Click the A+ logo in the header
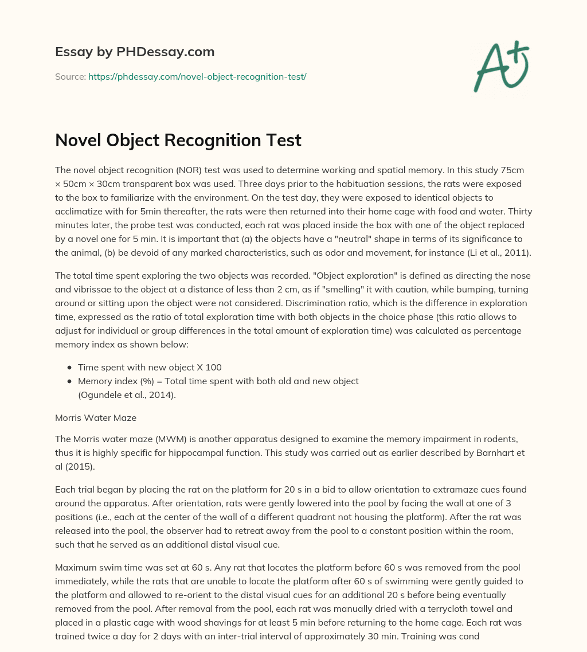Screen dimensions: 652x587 click(x=501, y=67)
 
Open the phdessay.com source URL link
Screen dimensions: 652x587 click(x=197, y=76)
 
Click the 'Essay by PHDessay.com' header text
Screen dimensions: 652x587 click(x=135, y=52)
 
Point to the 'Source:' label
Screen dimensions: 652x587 click(x=70, y=76)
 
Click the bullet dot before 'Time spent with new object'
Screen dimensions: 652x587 click(x=70, y=368)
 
